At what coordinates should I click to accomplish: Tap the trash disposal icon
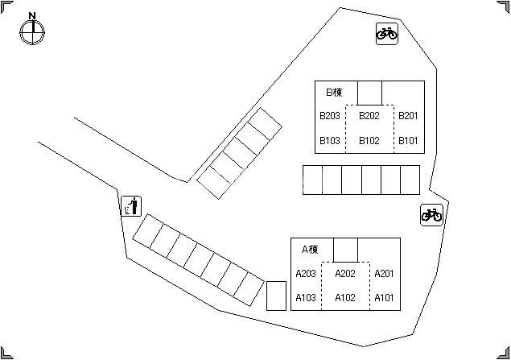click(x=131, y=206)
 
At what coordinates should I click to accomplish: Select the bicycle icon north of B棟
click(x=387, y=34)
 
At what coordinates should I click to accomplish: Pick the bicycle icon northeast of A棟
click(x=431, y=215)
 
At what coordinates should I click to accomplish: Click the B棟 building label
click(x=335, y=93)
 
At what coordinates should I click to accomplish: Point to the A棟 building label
click(x=310, y=250)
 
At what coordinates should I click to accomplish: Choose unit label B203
click(x=329, y=116)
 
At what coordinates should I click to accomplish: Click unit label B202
click(x=369, y=116)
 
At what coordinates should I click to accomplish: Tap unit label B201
click(x=408, y=116)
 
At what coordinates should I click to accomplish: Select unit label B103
click(x=329, y=141)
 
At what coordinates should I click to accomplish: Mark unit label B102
click(x=369, y=141)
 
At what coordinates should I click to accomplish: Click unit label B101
click(x=408, y=141)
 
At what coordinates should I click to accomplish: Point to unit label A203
click(x=306, y=274)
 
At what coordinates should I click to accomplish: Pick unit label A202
click(x=345, y=274)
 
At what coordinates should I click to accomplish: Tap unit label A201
click(x=384, y=274)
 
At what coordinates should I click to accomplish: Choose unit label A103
click(x=306, y=298)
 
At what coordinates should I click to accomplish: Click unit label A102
click(x=345, y=298)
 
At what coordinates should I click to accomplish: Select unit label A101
click(x=384, y=298)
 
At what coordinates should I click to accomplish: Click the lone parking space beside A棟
click(x=276, y=296)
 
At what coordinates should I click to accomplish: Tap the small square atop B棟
click(x=369, y=93)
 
